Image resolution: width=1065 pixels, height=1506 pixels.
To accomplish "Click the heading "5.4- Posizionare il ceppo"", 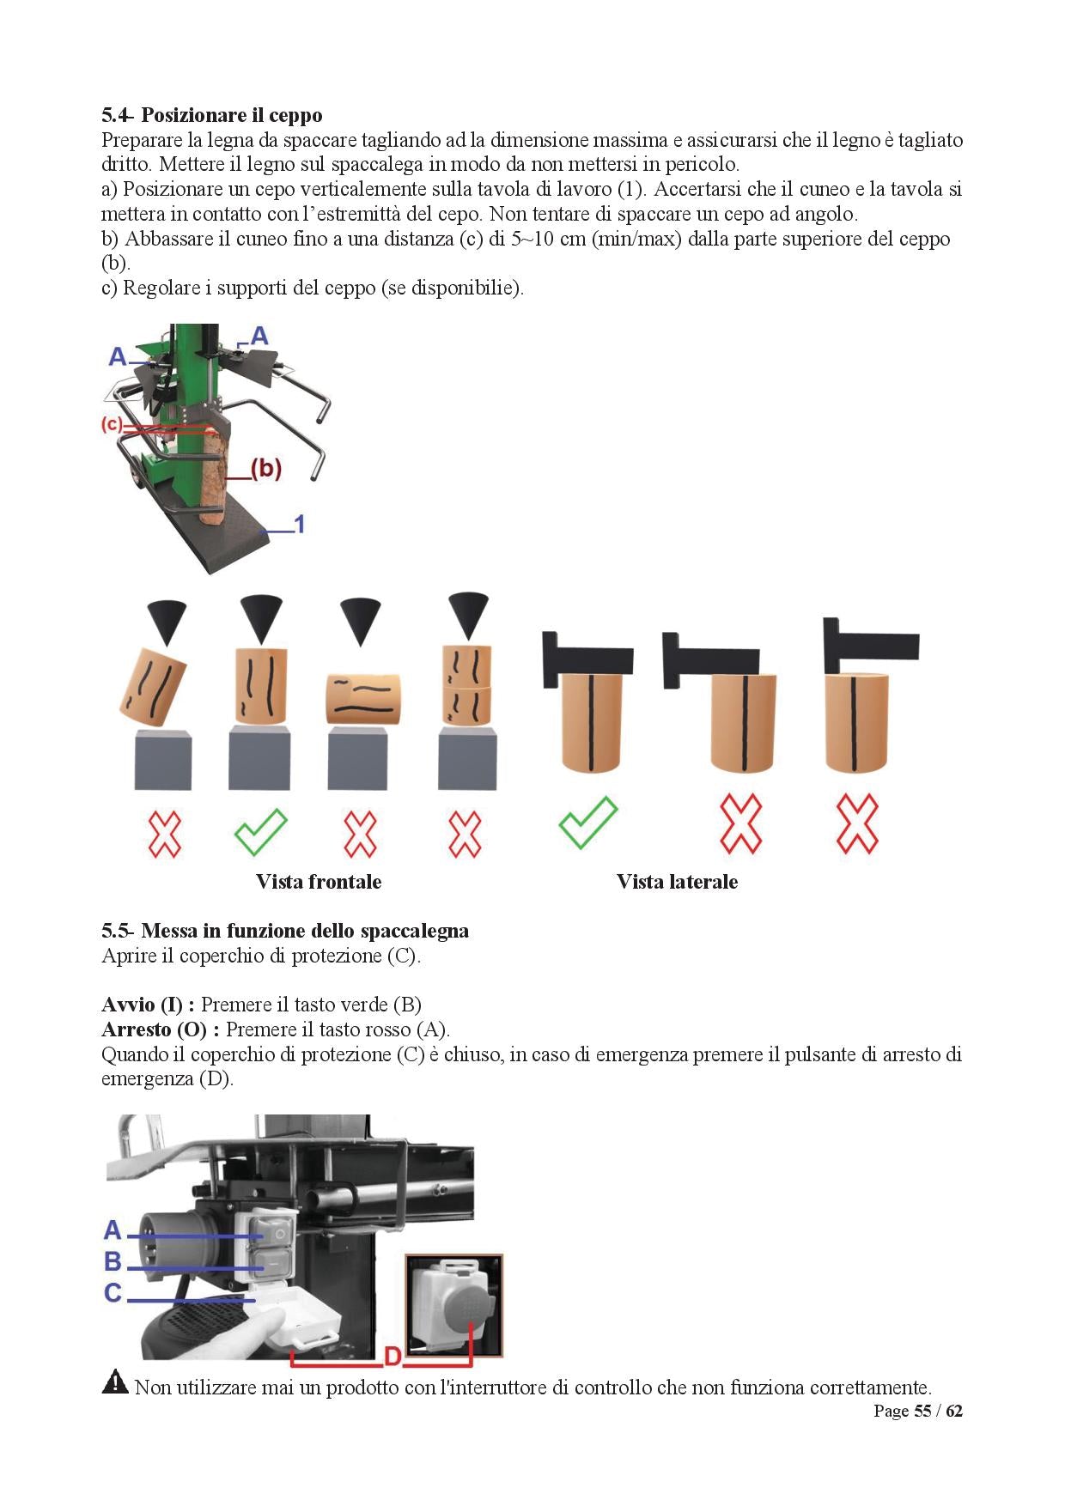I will point(211,115).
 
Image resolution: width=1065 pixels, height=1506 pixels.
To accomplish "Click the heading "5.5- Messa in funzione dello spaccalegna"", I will point(284,931).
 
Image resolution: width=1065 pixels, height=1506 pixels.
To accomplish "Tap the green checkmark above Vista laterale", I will point(587,823).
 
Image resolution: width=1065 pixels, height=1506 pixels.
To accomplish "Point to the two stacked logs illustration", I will point(466,684).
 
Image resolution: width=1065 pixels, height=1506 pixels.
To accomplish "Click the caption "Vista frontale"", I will point(318,882).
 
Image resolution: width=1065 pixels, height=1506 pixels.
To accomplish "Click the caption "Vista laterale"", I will point(677,882).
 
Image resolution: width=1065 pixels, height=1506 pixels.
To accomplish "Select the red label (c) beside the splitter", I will point(111,424).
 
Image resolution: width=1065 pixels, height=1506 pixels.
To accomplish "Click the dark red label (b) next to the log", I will point(265,468).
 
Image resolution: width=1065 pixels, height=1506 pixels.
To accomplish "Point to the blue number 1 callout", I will point(299,524).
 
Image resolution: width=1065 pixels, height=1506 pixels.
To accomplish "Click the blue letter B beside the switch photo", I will point(113,1261).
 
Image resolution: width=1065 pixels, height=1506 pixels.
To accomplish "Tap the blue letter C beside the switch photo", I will point(113,1293).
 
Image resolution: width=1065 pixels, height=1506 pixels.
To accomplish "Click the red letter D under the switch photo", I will point(393,1357).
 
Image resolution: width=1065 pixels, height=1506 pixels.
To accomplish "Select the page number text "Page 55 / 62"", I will point(917,1411).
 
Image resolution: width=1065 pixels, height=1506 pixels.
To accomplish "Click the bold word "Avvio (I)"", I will point(147,1005).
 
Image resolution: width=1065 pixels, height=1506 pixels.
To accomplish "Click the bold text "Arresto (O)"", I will point(160,1029).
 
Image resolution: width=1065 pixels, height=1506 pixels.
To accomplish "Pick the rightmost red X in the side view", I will point(856,824).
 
